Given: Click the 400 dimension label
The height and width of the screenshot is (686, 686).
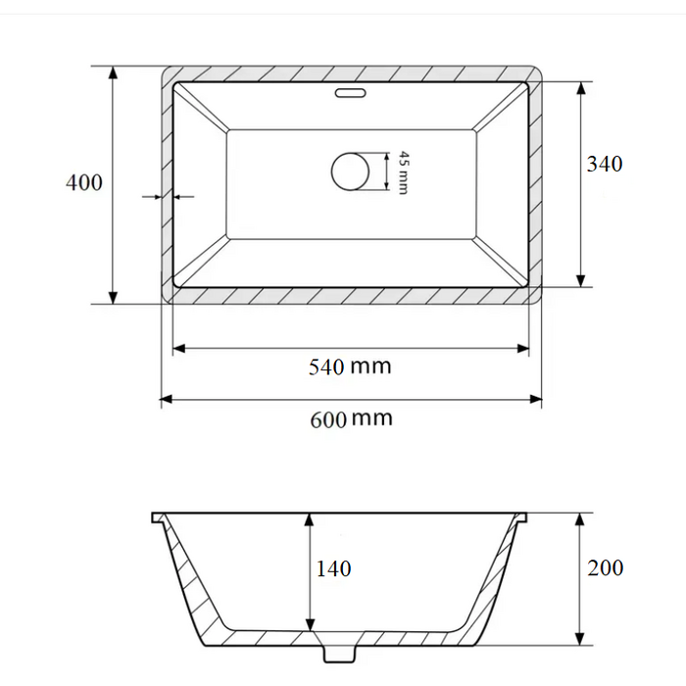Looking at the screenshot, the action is pos(84,182).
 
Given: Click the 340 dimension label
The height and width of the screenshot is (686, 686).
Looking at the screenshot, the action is pos(605,164).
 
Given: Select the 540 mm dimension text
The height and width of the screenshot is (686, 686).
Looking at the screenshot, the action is pos(350,367).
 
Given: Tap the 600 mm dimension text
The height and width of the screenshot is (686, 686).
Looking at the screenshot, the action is pos(351,419).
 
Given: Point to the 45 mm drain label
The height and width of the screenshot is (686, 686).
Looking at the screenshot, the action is pos(404,172).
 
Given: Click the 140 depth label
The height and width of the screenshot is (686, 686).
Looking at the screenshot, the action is pos(333,568).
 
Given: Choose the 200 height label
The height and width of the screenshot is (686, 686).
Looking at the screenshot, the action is pos(605,567).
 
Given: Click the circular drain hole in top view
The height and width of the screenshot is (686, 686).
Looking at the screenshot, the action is pos(350,171).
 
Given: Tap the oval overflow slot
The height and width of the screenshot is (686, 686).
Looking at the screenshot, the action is pos(350,93).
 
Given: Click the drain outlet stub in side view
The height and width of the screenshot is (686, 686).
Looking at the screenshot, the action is pos(339,654).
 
